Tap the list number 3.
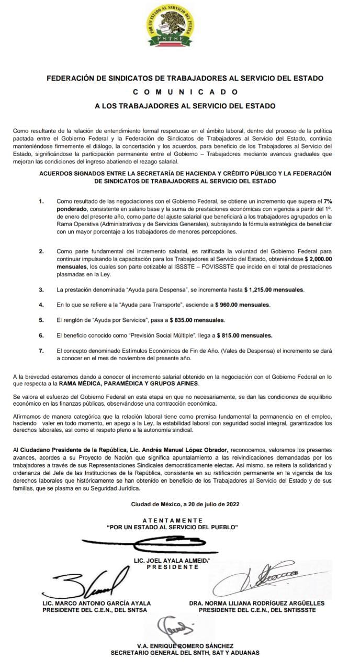point(41,289)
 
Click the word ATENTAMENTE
point(172,520)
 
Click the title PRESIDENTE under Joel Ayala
point(172,567)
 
